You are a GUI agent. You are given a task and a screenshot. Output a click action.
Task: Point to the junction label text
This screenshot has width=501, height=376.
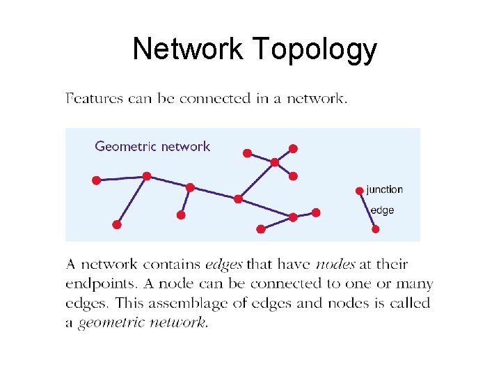(x=384, y=189)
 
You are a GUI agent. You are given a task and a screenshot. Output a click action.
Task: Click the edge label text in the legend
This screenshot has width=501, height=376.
(x=382, y=210)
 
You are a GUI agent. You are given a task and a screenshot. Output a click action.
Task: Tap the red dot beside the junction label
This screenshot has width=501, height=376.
(x=359, y=190)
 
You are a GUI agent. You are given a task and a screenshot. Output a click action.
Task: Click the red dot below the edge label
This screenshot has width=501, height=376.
(x=376, y=228)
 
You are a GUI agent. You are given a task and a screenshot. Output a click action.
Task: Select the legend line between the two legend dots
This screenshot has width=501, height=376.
(x=367, y=210)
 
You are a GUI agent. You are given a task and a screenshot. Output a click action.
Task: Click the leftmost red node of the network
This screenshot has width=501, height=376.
(x=96, y=180)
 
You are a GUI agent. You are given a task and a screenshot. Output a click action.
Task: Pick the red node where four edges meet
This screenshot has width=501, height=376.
(x=274, y=162)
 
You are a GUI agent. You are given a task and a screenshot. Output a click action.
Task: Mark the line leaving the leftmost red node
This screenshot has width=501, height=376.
(x=121, y=178)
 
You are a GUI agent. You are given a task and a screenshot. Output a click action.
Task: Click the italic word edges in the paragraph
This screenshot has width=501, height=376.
(x=223, y=265)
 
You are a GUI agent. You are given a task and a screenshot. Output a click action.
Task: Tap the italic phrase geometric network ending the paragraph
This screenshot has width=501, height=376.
(x=142, y=323)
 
